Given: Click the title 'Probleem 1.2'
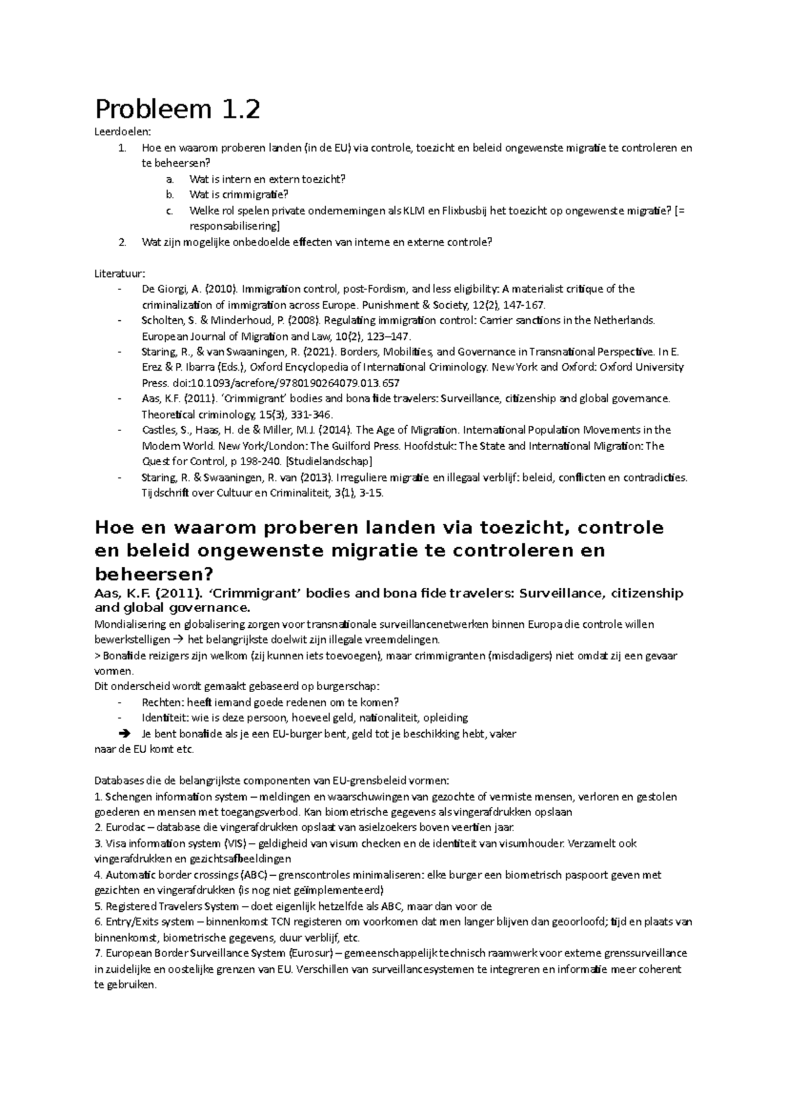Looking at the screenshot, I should (x=177, y=110).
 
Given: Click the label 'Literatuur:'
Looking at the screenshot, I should (x=121, y=273).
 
